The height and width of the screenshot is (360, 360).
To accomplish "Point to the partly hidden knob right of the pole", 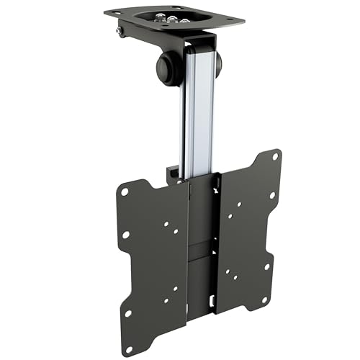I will [217, 64].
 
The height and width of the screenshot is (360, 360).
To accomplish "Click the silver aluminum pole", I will [197, 108].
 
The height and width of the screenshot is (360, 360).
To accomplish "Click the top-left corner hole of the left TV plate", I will [125, 192].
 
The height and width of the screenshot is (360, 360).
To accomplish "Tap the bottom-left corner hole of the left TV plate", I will [128, 313].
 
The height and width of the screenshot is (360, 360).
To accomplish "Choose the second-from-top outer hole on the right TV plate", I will [273, 194].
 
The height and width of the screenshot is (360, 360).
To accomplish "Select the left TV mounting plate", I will [155, 252].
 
